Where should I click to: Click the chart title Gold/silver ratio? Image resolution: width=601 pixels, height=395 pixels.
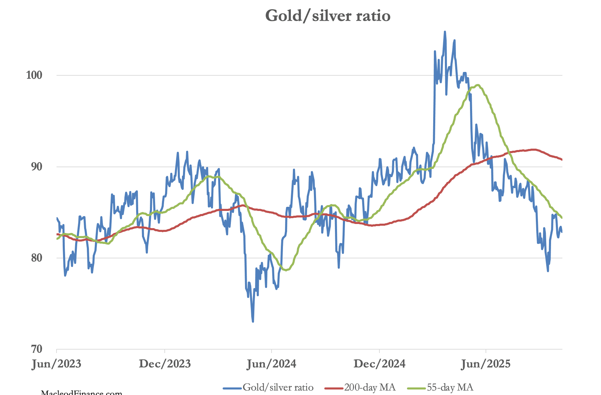click(x=328, y=16)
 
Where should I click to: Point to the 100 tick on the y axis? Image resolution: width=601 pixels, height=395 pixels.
click(x=34, y=75)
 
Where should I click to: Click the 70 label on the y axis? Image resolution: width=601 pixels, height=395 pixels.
click(x=36, y=349)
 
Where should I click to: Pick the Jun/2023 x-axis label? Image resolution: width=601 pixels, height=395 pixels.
click(x=57, y=364)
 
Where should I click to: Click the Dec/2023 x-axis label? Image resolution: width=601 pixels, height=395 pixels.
click(x=165, y=364)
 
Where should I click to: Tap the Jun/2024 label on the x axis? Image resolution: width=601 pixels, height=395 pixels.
click(x=272, y=364)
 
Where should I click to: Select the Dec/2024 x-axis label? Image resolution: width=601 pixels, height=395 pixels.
click(x=379, y=364)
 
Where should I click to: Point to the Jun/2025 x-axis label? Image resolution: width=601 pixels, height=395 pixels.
click(x=486, y=364)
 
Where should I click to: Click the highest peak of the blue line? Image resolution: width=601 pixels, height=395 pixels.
click(x=445, y=32)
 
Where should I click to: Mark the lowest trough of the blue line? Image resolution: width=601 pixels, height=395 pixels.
click(x=253, y=321)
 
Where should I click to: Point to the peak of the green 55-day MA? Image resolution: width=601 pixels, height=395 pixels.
click(x=477, y=85)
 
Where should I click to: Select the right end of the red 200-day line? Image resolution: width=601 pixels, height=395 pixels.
click(x=562, y=160)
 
